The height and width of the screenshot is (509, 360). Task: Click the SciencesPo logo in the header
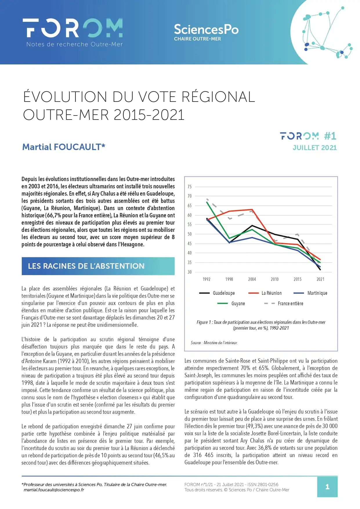(206, 32)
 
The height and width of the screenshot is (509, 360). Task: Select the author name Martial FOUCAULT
(64, 147)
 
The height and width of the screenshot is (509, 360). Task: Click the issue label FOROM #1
(308, 136)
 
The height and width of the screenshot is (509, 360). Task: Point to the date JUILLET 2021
(315, 148)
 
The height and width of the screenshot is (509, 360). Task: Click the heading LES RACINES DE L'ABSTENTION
(86, 266)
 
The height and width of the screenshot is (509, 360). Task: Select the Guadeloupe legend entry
(217, 293)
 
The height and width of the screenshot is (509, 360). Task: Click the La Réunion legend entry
(265, 293)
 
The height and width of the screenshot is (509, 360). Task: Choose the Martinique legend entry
(310, 293)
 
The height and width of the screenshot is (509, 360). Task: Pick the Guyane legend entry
(231, 304)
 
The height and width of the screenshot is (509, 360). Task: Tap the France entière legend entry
(283, 304)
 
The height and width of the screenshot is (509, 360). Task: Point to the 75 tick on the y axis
(189, 187)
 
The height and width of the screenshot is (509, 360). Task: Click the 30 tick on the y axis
(189, 272)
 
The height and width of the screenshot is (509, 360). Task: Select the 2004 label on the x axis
(252, 279)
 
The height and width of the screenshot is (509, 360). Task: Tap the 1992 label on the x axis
(206, 279)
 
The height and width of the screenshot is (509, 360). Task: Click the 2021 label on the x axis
(320, 279)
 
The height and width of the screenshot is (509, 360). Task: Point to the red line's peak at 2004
(252, 209)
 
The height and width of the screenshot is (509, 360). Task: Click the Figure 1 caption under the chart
(261, 325)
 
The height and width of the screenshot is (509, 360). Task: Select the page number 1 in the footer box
(327, 487)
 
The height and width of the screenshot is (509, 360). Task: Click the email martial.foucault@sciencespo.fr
(54, 490)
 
